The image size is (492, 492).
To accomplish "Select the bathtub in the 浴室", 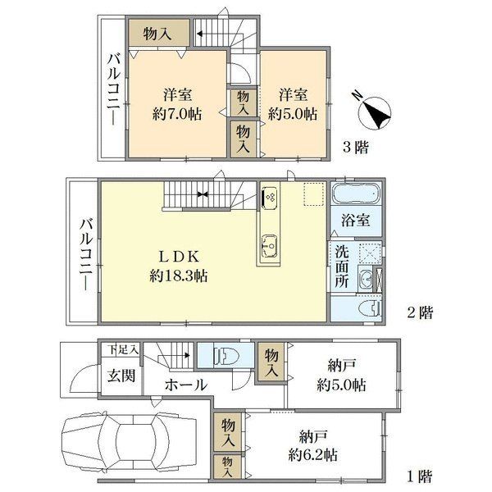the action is pos(356,193).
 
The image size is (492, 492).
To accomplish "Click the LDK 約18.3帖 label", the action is pos(178,266).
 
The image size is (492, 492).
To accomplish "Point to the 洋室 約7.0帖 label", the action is pos(177,104).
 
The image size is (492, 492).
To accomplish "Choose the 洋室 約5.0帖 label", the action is pos(293,104).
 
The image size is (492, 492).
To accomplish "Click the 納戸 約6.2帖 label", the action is pos(313,445).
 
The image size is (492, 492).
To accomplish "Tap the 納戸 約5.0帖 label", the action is pos(341,375).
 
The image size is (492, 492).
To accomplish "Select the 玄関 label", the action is pos(121,376).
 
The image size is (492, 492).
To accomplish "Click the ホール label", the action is pos(186,385).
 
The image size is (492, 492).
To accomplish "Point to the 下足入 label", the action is pos(123,349).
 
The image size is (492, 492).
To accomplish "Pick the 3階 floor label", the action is pos(356,147).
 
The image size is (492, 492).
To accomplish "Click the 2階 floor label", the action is pos(420,312).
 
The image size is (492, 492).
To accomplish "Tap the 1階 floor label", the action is pos(420,476).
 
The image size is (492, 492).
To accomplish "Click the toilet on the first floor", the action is pos(226,356).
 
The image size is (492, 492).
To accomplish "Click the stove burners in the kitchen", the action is pos(269,197).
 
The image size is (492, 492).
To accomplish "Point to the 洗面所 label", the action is pos(342,266).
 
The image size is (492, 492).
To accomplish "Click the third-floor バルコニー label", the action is pos(114,89).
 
